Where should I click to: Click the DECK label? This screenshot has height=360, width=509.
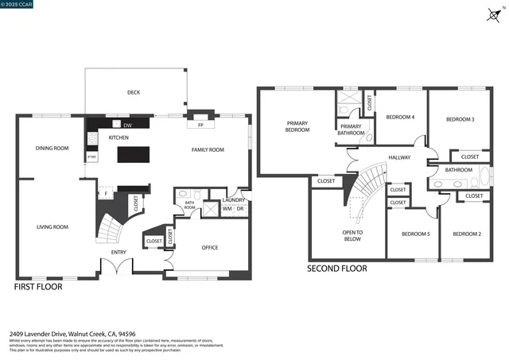tap(134, 92)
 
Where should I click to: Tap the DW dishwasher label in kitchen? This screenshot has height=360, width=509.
tap(127, 125)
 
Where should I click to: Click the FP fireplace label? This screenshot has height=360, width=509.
tap(200, 125)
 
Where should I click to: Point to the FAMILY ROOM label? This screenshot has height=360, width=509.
tap(208, 149)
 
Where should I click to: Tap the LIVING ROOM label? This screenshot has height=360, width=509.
tap(52, 226)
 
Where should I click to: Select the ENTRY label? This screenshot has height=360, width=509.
tap(119, 252)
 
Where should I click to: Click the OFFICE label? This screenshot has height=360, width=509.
tap(210, 247)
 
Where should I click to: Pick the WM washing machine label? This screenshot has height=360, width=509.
tap(227, 209)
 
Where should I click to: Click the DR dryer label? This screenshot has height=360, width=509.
tap(240, 209)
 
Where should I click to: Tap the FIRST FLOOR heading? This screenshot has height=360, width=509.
tap(38, 286)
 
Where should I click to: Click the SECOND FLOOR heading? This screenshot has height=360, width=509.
tap(337, 269)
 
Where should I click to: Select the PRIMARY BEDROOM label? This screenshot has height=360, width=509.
tap(297, 126)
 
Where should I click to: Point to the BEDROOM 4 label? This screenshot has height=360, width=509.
tap(400, 117)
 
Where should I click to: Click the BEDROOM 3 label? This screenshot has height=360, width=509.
tap(460, 119)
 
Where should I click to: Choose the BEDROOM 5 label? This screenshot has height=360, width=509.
tap(415, 234)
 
